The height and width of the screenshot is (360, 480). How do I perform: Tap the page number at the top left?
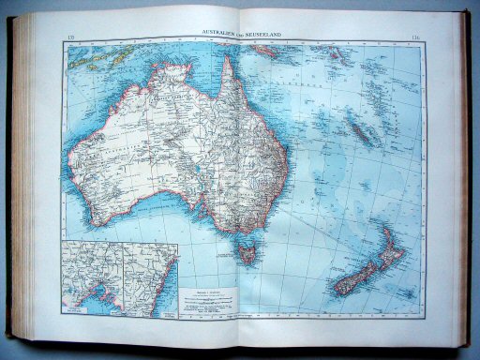click(73, 37)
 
